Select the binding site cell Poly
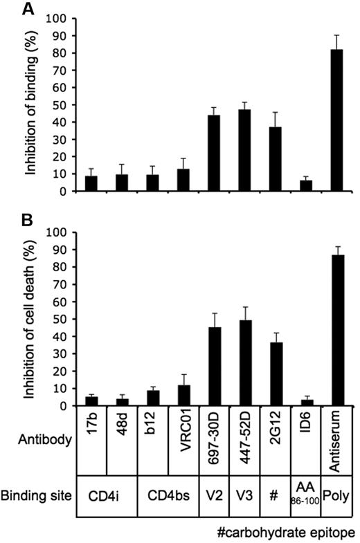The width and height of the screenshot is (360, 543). [336, 496]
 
